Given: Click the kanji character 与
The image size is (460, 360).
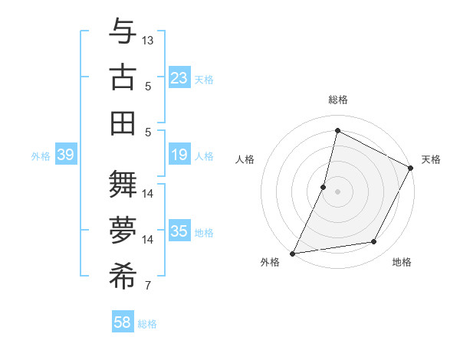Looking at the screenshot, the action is tap(123, 34).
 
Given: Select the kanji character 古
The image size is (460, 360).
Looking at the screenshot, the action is tap(123, 78).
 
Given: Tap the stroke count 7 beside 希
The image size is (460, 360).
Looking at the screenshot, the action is tap(148, 286).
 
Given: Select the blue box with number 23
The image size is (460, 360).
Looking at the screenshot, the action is tap(179, 78).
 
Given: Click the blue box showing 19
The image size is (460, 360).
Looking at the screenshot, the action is tap(179, 155).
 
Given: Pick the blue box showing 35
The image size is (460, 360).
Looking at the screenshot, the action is tap(179, 231).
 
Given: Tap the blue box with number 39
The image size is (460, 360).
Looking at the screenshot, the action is tap(65, 155).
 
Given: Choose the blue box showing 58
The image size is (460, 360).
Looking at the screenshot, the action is tap(123, 323).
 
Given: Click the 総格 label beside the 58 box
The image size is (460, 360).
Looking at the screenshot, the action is tap(147, 324).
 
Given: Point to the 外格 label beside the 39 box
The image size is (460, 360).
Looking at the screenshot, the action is tap(41, 156).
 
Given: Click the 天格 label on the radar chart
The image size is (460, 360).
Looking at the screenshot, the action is tap(431, 159).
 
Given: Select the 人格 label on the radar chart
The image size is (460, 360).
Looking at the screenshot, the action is tap(245, 159).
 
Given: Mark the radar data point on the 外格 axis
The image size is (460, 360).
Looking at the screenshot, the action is tap(292, 254).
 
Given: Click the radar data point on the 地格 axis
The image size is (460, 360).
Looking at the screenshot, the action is tap(374, 242).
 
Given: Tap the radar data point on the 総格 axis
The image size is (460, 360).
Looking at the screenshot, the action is tap(337, 131).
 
